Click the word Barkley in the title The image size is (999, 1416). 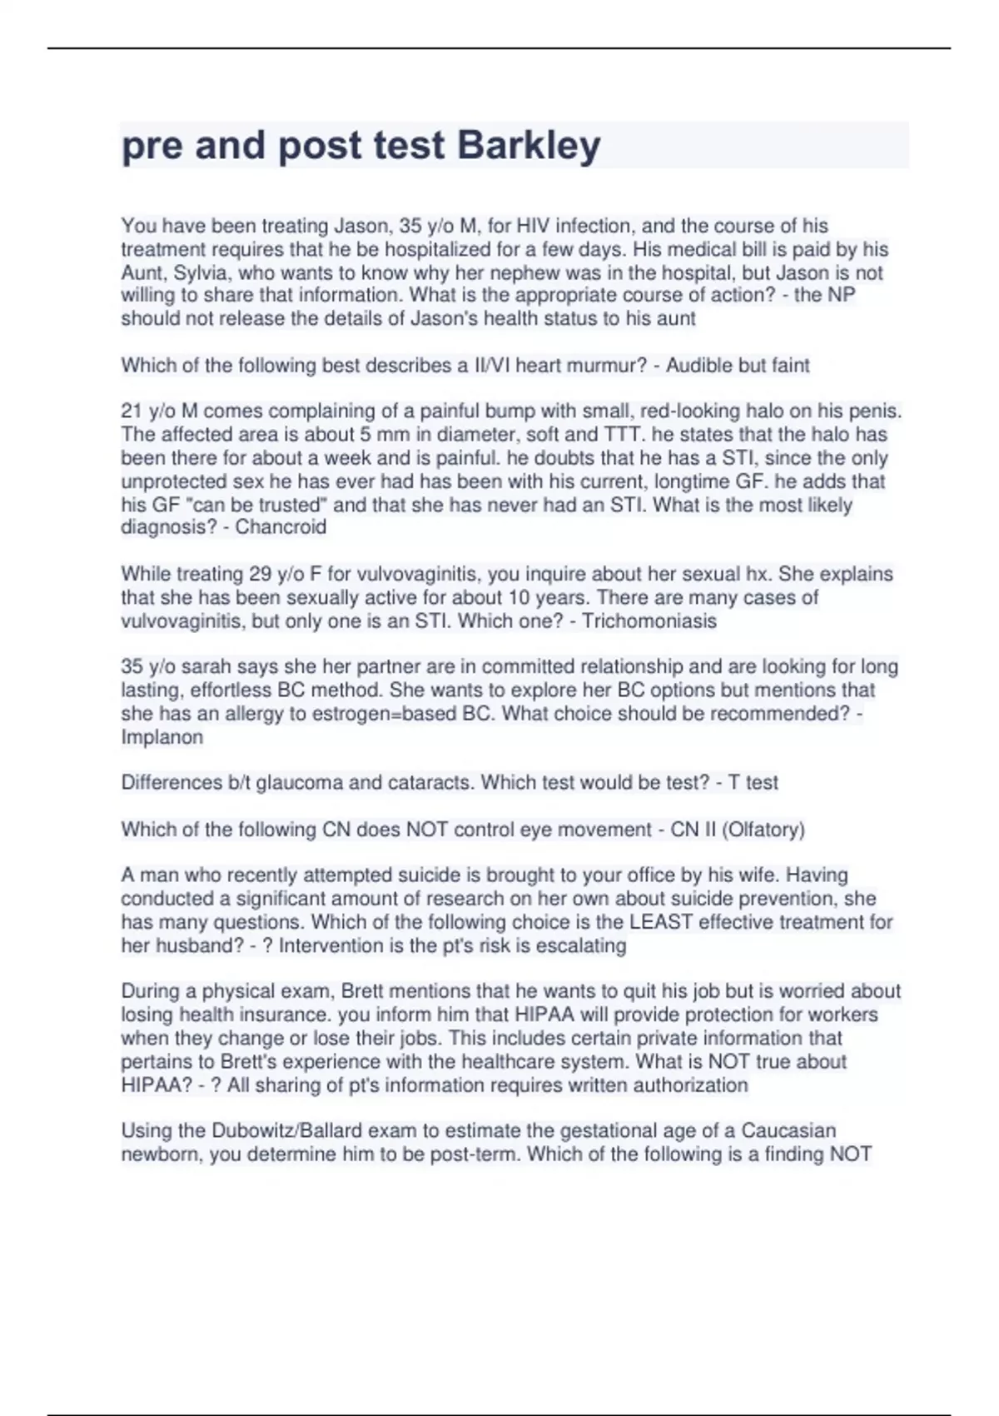(529, 146)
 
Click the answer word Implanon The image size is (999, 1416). (162, 737)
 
